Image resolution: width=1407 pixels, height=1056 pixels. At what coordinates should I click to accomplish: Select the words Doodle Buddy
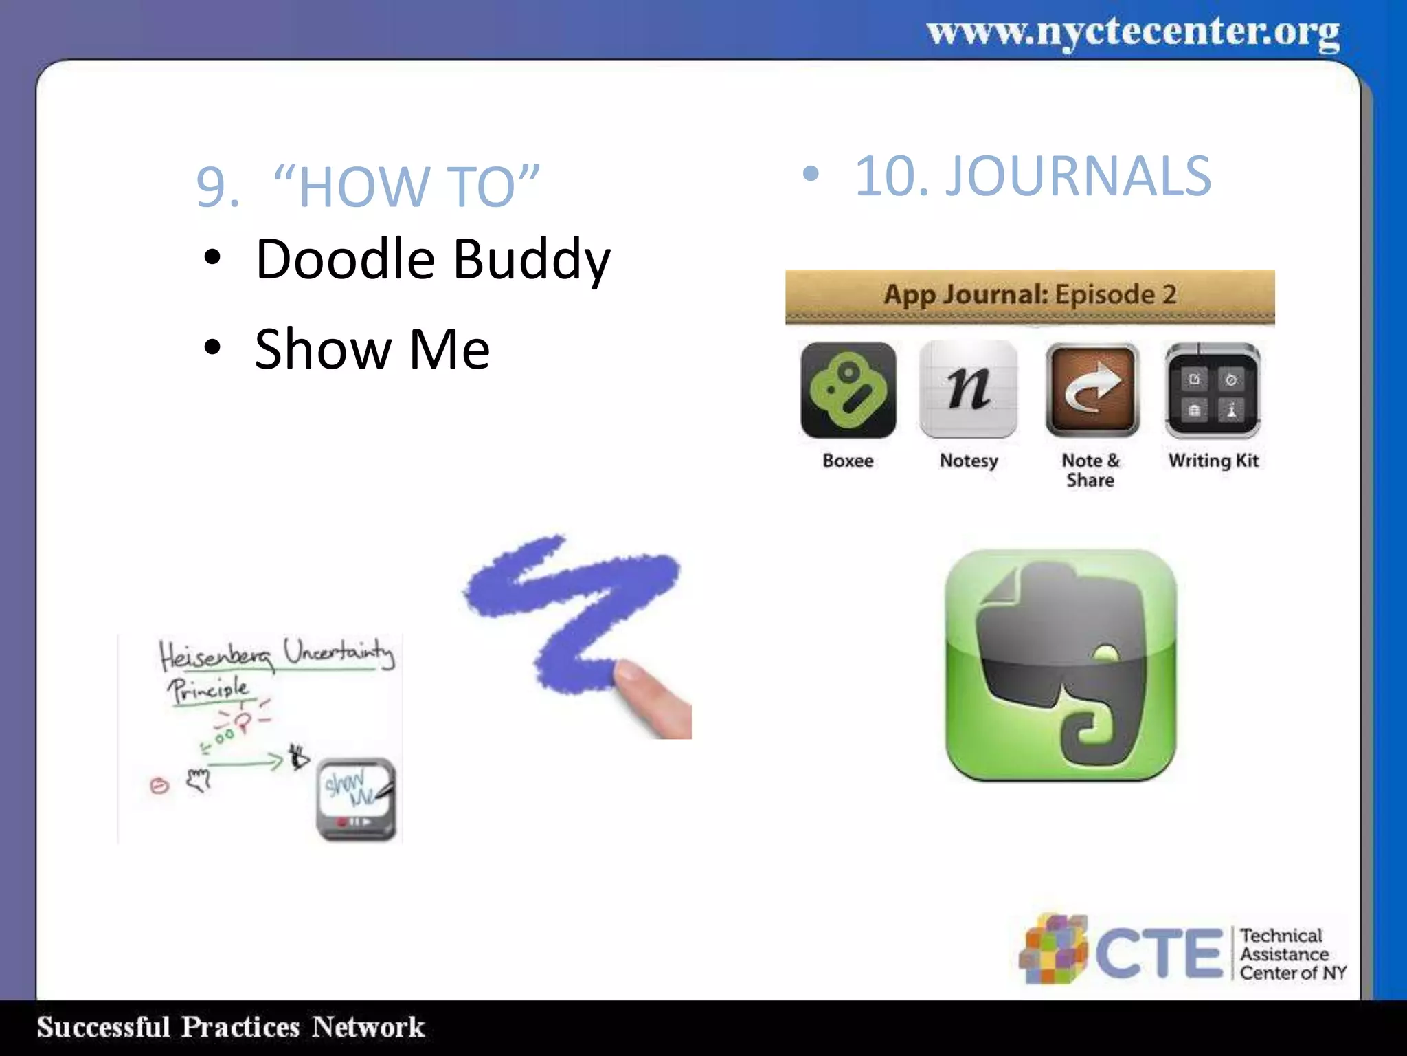(432, 260)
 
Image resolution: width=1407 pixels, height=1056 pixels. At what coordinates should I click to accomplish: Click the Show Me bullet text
(372, 349)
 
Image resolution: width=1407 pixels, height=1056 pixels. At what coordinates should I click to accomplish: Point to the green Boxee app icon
(848, 390)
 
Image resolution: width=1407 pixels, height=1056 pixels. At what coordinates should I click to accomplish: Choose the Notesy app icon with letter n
(968, 390)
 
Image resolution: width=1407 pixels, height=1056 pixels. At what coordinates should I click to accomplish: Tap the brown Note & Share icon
(1092, 390)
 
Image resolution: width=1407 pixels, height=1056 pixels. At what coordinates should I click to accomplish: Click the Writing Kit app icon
(1213, 390)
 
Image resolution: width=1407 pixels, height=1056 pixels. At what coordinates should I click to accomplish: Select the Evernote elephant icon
(1061, 665)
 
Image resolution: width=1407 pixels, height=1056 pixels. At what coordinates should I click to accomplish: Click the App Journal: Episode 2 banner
(1029, 296)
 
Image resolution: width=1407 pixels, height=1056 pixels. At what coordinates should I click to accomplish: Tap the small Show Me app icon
(356, 799)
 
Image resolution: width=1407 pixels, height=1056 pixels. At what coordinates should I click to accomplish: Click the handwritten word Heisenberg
(215, 655)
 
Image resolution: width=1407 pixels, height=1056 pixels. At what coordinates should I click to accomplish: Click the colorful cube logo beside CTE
(1053, 949)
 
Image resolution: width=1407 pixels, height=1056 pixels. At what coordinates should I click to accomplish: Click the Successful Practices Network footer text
(231, 1027)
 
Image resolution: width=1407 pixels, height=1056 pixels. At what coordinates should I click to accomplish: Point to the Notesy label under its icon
(968, 461)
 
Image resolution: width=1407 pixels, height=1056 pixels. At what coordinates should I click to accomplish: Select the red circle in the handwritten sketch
(159, 785)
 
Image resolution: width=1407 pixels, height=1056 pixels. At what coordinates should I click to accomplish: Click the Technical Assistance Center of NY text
(1292, 954)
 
